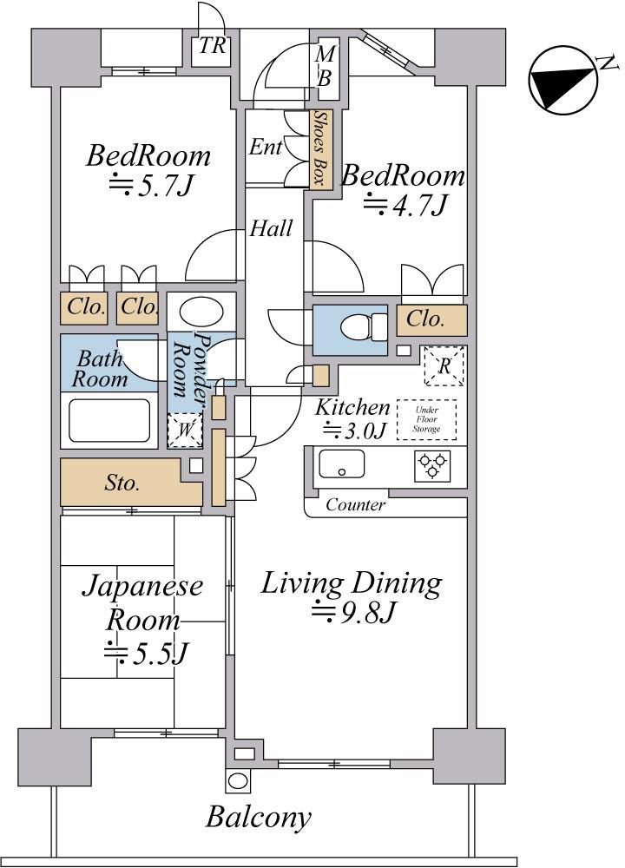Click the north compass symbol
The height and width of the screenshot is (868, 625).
pos(564,80)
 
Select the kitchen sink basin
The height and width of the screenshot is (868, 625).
pos(341,464)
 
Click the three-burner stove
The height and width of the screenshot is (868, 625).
pos(431,465)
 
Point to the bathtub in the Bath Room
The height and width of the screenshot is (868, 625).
pos(109,420)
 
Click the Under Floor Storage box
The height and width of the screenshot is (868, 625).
pos(426,419)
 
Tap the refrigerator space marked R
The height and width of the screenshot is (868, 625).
pos(444,365)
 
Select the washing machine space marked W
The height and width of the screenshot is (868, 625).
pos(185,431)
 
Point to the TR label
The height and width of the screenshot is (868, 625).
pos(212,46)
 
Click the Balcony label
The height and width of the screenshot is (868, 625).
pos(259,817)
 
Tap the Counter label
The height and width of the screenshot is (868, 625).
pos(355,504)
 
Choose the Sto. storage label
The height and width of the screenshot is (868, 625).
pos(122,483)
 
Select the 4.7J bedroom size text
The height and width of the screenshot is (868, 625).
pos(405,206)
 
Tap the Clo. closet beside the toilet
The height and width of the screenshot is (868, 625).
pos(425,319)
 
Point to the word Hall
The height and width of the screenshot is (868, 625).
pos(271,228)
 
